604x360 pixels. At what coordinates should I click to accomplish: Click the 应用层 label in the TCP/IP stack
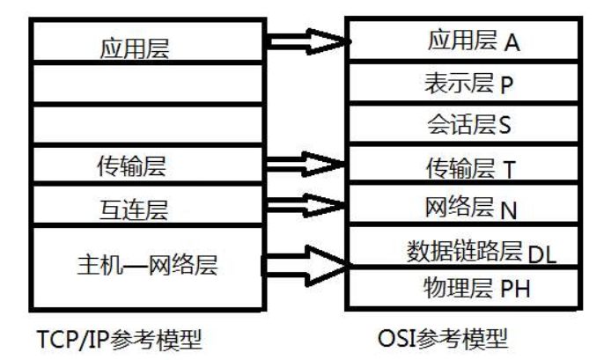click(x=133, y=49)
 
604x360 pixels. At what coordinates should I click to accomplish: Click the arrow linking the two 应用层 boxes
click(x=304, y=40)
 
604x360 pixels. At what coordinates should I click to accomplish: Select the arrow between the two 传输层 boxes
click(x=304, y=164)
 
